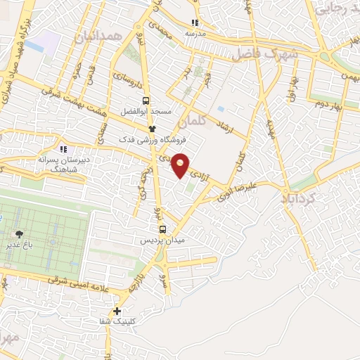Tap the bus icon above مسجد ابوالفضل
click(x=146, y=101)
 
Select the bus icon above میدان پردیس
click(x=162, y=229)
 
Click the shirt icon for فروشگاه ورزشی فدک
click(x=151, y=128)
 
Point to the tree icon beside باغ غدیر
click(x=18, y=235)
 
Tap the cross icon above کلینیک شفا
click(x=117, y=311)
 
